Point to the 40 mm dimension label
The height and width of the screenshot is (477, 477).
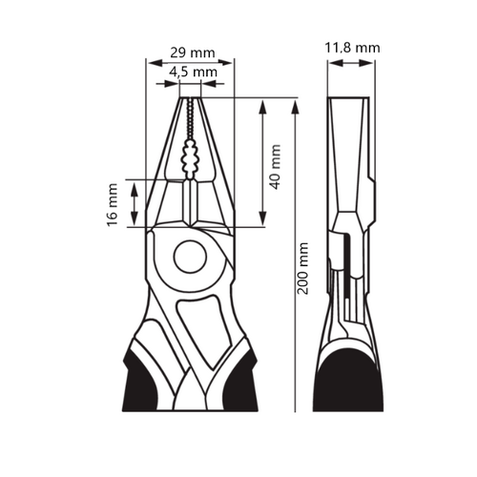click(276, 167)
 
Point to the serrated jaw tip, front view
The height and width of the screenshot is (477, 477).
click(189, 114)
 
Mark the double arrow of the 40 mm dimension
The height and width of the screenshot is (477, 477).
click(264, 162)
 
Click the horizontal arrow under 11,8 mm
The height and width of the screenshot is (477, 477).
click(350, 62)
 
